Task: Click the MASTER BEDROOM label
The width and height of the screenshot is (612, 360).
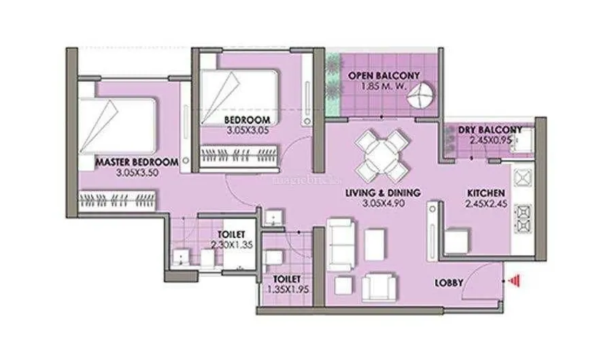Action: [137, 162]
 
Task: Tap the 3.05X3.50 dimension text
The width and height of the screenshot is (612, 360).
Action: [137, 172]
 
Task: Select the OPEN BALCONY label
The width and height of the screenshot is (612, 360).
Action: [384, 76]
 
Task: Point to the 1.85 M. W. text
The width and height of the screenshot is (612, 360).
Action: [384, 86]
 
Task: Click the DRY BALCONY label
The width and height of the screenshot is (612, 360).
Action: [490, 129]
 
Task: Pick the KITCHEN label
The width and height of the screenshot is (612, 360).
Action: [486, 193]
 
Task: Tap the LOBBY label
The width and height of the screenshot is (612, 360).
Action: [449, 282]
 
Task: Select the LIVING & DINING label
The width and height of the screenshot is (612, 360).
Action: [383, 193]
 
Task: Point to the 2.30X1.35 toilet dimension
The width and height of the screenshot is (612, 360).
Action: [232, 245]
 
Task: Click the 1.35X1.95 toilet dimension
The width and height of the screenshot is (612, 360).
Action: [288, 290]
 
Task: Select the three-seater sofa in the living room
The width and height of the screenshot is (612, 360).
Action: [341, 244]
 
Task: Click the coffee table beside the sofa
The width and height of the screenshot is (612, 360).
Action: [375, 244]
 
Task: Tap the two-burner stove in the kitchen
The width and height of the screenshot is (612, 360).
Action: [523, 218]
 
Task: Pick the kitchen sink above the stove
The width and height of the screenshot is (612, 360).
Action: [523, 178]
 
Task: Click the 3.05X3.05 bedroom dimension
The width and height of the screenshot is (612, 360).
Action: [248, 131]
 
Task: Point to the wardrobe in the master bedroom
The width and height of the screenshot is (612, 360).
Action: [118, 201]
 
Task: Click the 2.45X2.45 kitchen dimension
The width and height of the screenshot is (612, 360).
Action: [486, 203]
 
